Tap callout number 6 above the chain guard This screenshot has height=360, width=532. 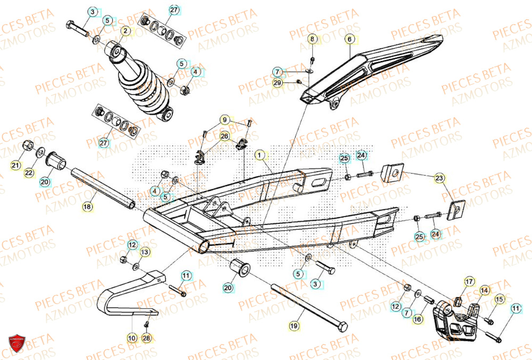pos(350,39)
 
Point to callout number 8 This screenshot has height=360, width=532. pos(313,39)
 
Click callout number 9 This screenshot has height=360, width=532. pos(225,120)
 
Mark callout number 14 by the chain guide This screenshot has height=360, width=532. pos(484,290)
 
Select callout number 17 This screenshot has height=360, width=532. pos(469,281)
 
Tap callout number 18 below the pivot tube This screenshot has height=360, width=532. pos(87,205)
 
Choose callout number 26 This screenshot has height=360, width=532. pos(225,136)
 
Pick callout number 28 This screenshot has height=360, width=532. pos(147,338)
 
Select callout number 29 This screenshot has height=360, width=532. pos(277,82)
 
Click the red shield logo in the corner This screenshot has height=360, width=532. pos(17,344)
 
